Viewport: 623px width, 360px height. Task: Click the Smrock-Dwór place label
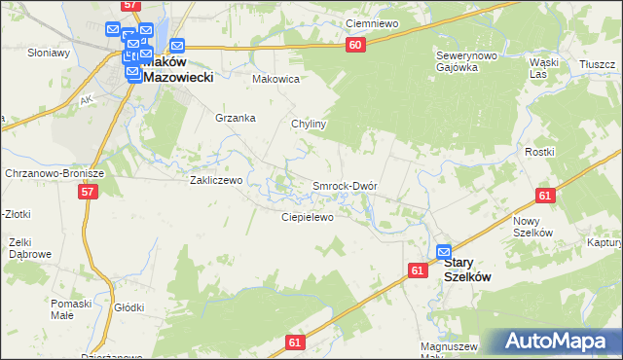coord(344,185)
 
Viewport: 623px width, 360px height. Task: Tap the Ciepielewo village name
coord(308,217)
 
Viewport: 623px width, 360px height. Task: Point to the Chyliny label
coord(309,125)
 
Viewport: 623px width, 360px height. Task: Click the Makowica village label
coord(275,79)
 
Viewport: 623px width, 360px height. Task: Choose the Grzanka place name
coord(236,118)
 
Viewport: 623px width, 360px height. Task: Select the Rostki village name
coord(539,152)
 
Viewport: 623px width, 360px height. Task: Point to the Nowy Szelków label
coord(532,227)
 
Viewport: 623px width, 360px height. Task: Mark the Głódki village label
coord(128,307)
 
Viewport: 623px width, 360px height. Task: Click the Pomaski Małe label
coord(70,309)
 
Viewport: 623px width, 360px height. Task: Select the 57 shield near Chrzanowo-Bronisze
coord(89,193)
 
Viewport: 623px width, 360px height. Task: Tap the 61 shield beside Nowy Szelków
coord(544,196)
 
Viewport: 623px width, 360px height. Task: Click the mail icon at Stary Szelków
coord(444,251)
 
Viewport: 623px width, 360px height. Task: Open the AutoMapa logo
coord(557,342)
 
